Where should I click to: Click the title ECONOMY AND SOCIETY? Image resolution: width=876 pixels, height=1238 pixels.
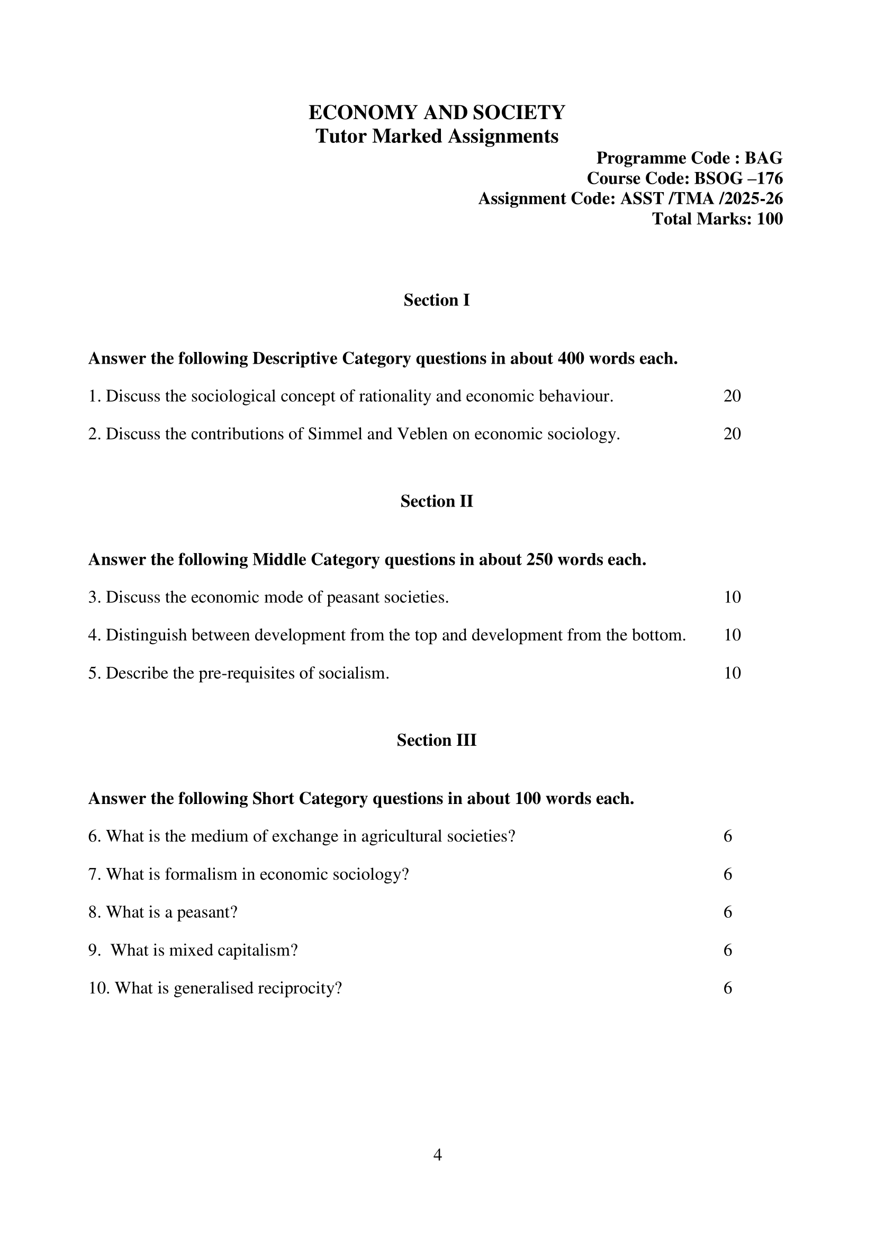436,113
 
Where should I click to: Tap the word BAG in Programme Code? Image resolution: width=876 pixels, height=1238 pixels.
763,158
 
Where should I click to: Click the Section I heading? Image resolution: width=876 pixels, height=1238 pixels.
436,301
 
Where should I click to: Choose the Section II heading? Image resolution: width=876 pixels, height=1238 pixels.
436,502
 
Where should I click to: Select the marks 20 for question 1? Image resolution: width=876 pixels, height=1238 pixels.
732,396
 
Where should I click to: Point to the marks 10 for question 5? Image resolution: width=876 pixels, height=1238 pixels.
732,673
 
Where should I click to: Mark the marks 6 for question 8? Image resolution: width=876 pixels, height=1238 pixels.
728,912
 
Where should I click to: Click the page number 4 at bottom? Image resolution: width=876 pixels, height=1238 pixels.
437,1155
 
